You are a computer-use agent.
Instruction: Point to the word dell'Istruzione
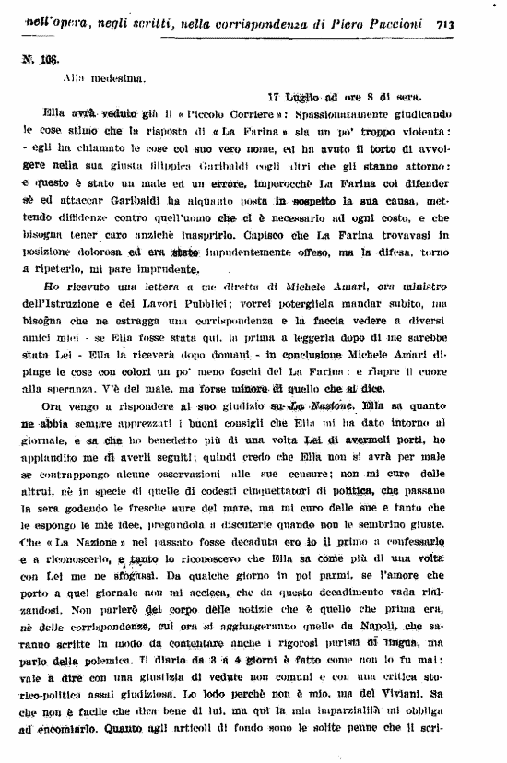[x=61, y=302]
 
